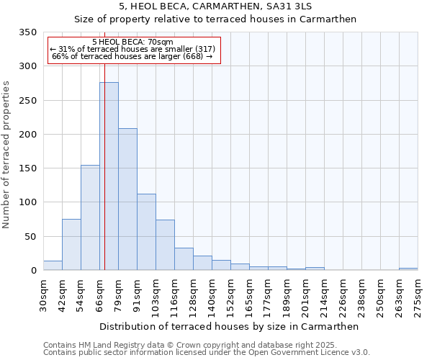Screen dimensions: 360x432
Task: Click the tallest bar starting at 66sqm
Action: point(109,176)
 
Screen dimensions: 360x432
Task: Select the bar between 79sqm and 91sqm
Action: point(127,199)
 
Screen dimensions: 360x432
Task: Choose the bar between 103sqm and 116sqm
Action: point(165,245)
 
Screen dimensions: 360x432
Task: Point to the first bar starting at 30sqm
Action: point(53,266)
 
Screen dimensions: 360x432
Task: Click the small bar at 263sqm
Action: point(408,269)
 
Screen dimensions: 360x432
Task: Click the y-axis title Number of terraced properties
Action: point(6,155)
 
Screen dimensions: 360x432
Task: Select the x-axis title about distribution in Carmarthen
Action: point(229,326)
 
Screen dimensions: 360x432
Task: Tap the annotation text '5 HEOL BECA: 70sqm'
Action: point(132,42)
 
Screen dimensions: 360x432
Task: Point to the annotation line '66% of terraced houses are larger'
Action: point(132,56)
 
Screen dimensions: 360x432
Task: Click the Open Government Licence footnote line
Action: point(207,353)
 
